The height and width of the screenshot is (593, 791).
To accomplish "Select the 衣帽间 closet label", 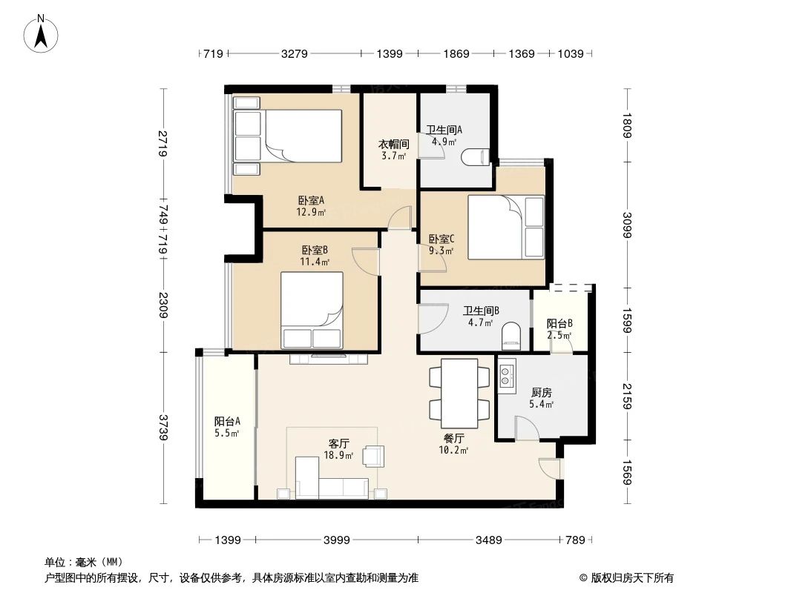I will pos(393,145).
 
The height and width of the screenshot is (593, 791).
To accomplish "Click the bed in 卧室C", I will pos(505,227).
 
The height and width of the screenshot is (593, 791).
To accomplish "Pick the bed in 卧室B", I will pos(312,310).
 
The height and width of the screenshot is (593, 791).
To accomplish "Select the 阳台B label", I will pos(559,324).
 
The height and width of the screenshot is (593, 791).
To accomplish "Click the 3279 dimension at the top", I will pos(295,53).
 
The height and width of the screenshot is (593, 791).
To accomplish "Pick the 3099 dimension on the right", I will pos(627,225).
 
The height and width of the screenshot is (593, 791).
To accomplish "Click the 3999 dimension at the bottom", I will pos(337,540).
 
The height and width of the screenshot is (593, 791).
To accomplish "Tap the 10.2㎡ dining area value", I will pos(454,449).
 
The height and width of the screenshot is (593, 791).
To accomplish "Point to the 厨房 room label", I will pos(542,393).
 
